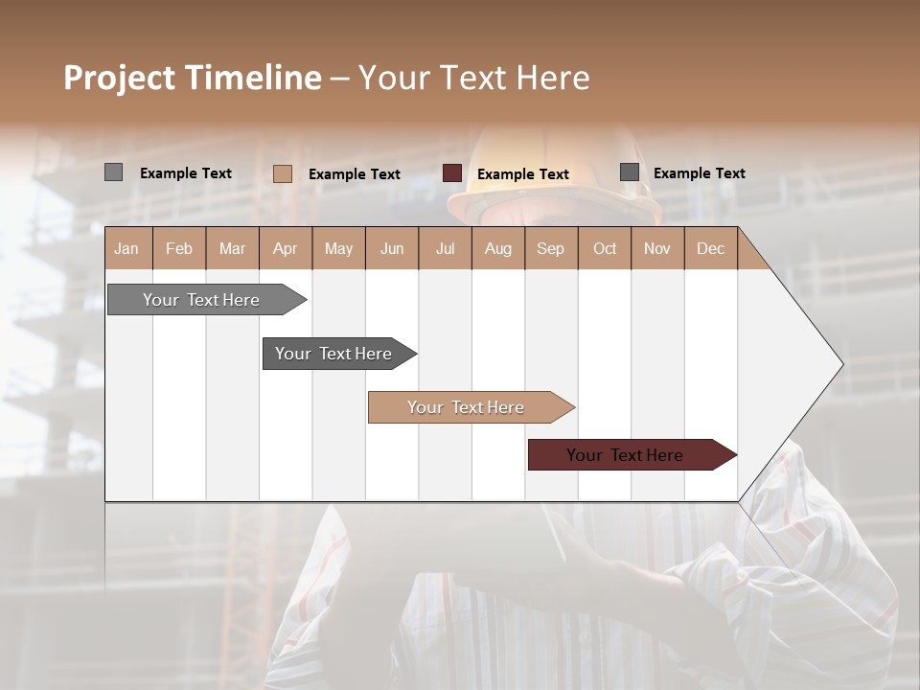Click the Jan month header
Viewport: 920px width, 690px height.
(126, 249)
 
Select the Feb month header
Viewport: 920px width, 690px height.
(179, 249)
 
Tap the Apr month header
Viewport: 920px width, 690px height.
(286, 249)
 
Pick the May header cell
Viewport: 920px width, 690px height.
(338, 249)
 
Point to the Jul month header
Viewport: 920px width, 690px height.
(445, 249)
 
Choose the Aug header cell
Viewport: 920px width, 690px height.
(498, 249)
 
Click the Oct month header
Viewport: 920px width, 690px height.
(605, 249)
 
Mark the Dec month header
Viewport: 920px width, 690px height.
(711, 249)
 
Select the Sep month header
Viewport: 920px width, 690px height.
(551, 249)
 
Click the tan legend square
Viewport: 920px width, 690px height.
(282, 173)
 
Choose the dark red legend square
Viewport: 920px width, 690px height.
(452, 173)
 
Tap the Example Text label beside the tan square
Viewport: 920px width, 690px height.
(355, 174)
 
